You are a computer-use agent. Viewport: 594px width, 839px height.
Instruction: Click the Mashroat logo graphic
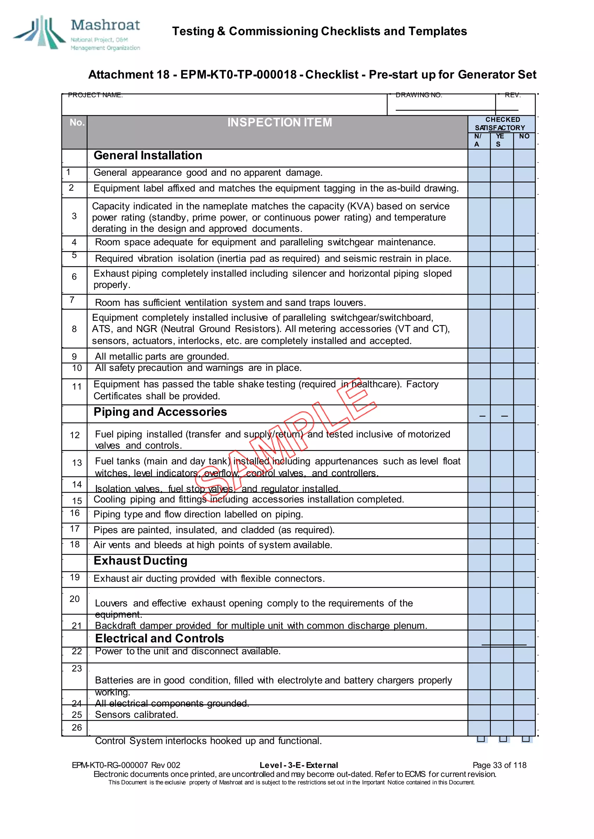[39, 32]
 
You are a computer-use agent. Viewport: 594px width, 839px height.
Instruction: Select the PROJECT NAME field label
[95, 95]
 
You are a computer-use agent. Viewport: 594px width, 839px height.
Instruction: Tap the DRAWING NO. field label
[419, 95]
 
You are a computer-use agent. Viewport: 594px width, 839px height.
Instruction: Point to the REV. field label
[512, 95]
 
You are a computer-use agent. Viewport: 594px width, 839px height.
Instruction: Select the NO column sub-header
[524, 136]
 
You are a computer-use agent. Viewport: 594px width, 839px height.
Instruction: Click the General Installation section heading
[148, 155]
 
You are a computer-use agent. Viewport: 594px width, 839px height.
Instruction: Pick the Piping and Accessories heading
[160, 412]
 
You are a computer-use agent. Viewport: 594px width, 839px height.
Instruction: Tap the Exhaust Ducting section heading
[140, 561]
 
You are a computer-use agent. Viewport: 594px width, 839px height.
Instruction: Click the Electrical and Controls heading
[160, 638]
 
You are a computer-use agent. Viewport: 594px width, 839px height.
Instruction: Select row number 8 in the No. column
[74, 329]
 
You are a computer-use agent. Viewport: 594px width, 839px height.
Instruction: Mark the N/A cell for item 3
[479, 217]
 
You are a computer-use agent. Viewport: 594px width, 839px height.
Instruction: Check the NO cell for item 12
[524, 437]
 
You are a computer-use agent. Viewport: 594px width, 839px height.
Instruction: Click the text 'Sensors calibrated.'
[136, 715]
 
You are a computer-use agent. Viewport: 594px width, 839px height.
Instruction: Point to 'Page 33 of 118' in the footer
[499, 765]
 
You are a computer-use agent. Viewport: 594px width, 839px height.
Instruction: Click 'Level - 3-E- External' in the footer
[298, 765]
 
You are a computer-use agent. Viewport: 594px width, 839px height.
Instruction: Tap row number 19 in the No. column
[75, 577]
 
